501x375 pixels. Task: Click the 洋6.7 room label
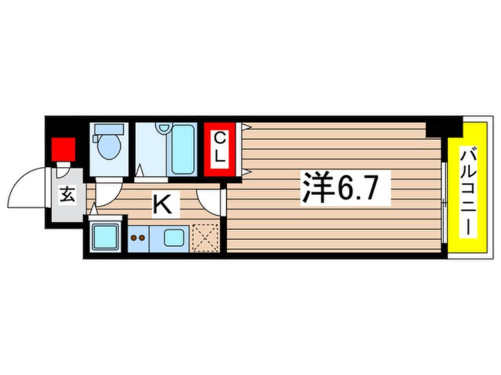pos(341,188)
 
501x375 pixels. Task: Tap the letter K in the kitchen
pos(163,204)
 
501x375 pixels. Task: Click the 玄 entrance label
pos(68,195)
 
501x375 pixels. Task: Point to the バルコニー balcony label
pos(468,191)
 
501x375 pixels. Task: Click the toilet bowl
pos(109,147)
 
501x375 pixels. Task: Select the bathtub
pos(182,150)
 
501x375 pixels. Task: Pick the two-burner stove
pos(139,238)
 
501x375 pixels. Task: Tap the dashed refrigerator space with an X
pos(205,238)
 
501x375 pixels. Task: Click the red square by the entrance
pos(63,150)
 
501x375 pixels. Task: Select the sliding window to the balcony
pos(444,203)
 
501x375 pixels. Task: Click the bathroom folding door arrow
pos(140,170)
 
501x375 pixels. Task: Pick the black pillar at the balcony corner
pos(445,130)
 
